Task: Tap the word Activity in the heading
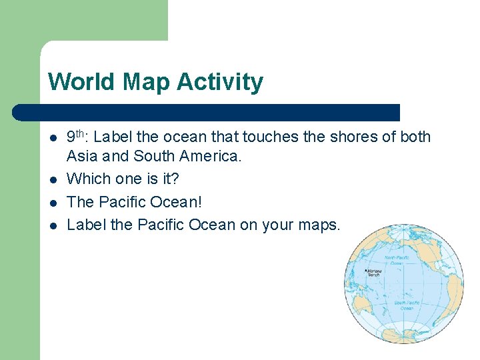[x=221, y=82]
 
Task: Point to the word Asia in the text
[x=81, y=157]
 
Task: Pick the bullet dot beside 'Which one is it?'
[x=53, y=179]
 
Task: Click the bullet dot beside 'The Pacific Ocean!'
[x=53, y=202]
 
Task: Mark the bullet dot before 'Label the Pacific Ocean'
[x=53, y=225]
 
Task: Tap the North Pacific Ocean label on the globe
[x=396, y=261]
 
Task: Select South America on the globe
[x=454, y=294]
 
